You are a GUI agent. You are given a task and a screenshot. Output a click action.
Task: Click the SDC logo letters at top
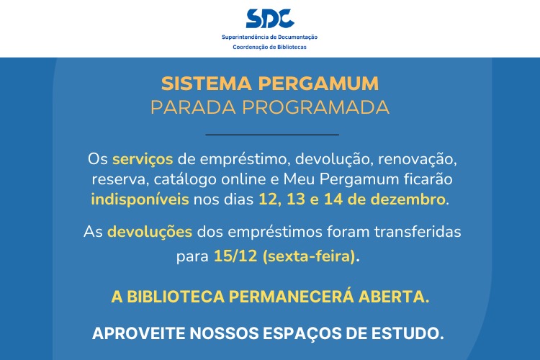tap(269, 19)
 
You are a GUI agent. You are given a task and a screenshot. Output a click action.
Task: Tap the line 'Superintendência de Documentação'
tap(269, 37)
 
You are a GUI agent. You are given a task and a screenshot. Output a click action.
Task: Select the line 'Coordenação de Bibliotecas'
tap(269, 47)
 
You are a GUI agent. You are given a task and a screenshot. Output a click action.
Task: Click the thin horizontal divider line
tap(271, 135)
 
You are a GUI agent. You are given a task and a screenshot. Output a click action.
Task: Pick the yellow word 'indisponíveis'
tap(140, 199)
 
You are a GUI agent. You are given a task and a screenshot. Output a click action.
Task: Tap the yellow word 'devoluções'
tap(150, 233)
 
